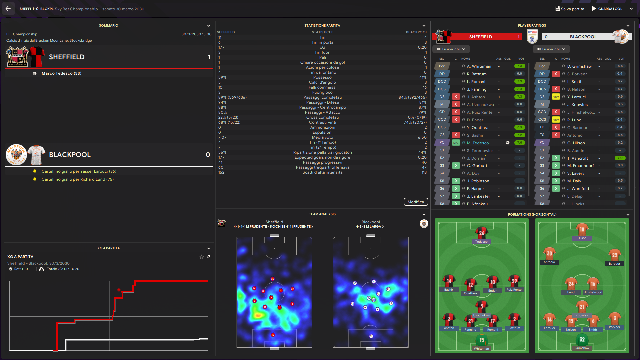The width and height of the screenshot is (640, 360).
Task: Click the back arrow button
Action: click(8, 9)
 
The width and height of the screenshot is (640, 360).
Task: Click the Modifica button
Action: click(416, 202)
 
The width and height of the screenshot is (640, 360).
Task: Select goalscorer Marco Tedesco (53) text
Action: click(61, 73)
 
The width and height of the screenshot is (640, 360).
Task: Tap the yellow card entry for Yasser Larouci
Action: click(79, 171)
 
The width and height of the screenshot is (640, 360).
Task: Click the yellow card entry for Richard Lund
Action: click(77, 179)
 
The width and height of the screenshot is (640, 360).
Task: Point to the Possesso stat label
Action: click(322, 77)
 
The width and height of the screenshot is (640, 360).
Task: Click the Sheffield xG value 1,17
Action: click(221, 47)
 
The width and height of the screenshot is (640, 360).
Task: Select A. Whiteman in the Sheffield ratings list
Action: click(479, 66)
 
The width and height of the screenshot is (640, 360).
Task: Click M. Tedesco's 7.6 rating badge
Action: click(519, 143)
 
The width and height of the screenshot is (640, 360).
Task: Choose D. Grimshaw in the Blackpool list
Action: click(579, 66)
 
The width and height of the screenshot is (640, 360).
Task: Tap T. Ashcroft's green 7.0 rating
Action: click(620, 158)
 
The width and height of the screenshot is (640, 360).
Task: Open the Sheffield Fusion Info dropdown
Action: click(451, 49)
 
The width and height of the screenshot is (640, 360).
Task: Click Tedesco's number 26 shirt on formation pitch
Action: click(481, 233)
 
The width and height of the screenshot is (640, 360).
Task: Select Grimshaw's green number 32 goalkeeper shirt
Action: click(582, 340)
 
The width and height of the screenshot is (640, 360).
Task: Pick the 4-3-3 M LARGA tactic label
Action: click(370, 227)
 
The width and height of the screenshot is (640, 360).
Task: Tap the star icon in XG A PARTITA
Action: click(201, 257)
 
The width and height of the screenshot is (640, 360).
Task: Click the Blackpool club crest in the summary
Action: click(16, 155)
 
